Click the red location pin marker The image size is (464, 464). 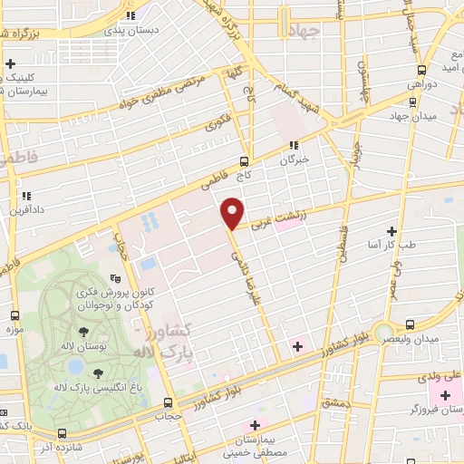point(233,213)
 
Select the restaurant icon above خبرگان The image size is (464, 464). point(293,145)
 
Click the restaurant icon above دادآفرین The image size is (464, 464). point(25,194)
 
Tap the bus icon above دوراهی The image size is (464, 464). point(421,70)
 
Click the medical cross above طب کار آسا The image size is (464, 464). point(391,231)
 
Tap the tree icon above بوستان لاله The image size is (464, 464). point(83,332)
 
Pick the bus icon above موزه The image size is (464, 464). point(14,315)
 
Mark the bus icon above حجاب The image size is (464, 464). point(167,403)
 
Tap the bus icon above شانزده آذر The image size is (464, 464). point(62,434)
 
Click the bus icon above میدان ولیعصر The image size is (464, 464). point(410,324)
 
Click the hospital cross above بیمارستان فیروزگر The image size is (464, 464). point(444,397)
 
